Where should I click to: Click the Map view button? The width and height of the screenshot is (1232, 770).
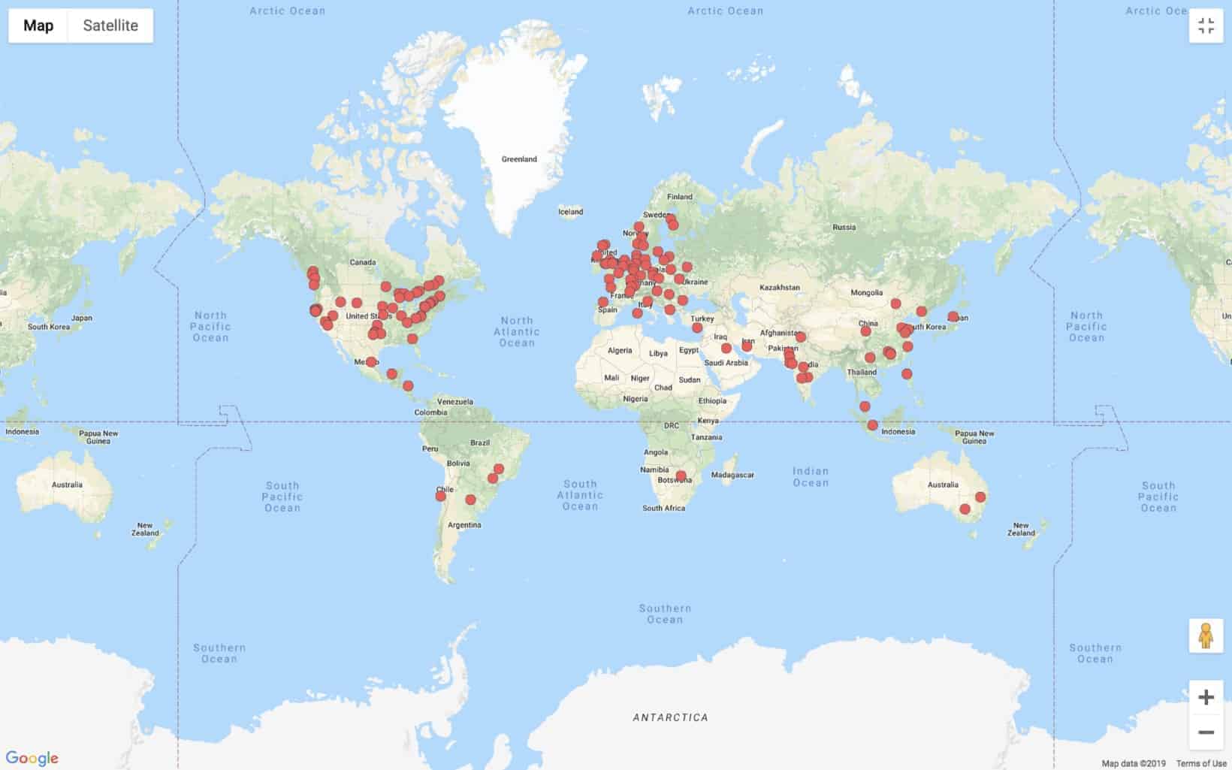pyautogui.click(x=38, y=26)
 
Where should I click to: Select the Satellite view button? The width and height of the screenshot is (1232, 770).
pyautogui.click(x=110, y=26)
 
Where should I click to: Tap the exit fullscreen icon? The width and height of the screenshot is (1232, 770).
pyautogui.click(x=1206, y=26)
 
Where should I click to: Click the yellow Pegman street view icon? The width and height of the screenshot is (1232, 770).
pyautogui.click(x=1206, y=636)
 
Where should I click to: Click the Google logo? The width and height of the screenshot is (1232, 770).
pyautogui.click(x=32, y=758)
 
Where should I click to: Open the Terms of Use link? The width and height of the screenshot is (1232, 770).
pyautogui.click(x=1200, y=764)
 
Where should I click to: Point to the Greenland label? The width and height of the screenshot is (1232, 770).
pyautogui.click(x=519, y=159)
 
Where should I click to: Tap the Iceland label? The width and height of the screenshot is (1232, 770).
pyautogui.click(x=570, y=212)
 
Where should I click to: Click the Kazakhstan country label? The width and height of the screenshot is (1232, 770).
pyautogui.click(x=780, y=287)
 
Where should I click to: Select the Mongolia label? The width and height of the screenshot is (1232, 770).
pyautogui.click(x=867, y=292)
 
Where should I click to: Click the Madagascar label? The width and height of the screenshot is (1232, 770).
pyautogui.click(x=732, y=475)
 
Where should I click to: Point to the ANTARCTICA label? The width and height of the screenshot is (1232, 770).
pyautogui.click(x=670, y=717)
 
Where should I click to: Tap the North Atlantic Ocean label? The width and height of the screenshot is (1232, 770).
pyautogui.click(x=517, y=331)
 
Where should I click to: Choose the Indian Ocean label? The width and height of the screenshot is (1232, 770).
pyautogui.click(x=811, y=477)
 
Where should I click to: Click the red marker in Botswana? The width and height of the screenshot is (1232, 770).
pyautogui.click(x=681, y=476)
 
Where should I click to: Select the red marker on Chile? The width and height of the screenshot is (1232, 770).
pyautogui.click(x=441, y=496)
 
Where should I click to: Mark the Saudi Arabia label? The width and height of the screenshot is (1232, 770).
pyautogui.click(x=726, y=363)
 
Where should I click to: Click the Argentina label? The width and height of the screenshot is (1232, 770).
pyautogui.click(x=464, y=525)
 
